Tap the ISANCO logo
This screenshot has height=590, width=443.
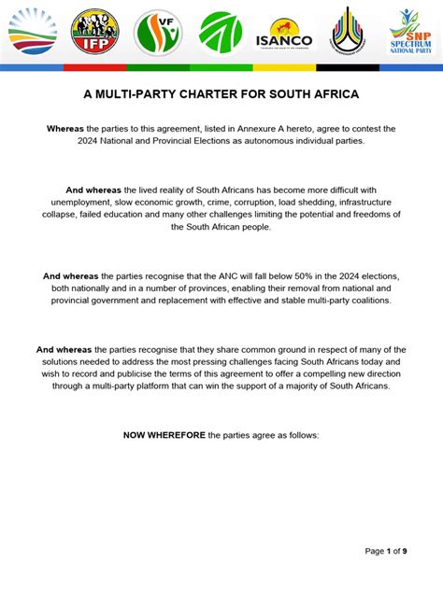(x=284, y=35)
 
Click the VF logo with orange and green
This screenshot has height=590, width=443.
(x=158, y=33)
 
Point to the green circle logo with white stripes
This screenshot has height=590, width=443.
(x=221, y=33)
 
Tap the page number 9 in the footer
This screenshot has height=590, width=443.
(x=404, y=552)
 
